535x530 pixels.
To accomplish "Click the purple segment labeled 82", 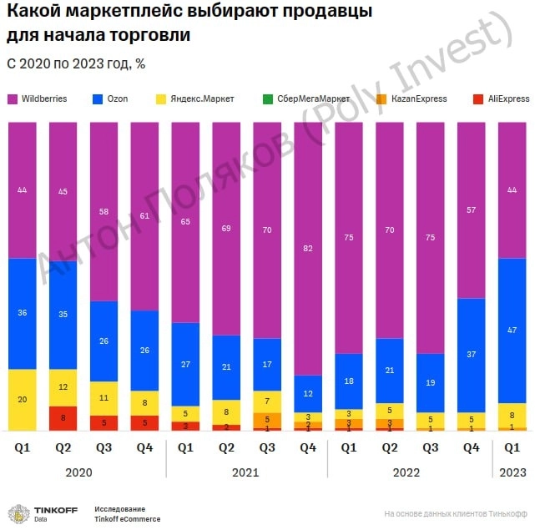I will click(308, 249).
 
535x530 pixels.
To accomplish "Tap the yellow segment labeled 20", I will click(23, 399).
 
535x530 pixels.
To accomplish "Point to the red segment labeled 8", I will click(63, 418).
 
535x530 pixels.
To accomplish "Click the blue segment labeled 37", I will click(472, 355).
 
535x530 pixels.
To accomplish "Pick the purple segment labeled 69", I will click(226, 228).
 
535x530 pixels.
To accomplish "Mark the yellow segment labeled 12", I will click(63, 387).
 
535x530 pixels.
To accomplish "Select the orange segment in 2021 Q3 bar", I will click(267, 420).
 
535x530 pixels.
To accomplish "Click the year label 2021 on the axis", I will click(247, 472).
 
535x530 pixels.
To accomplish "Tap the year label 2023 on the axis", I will click(512, 472).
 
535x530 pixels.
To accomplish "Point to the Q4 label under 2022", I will click(472, 447).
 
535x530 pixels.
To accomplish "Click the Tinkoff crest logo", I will click(18, 513).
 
